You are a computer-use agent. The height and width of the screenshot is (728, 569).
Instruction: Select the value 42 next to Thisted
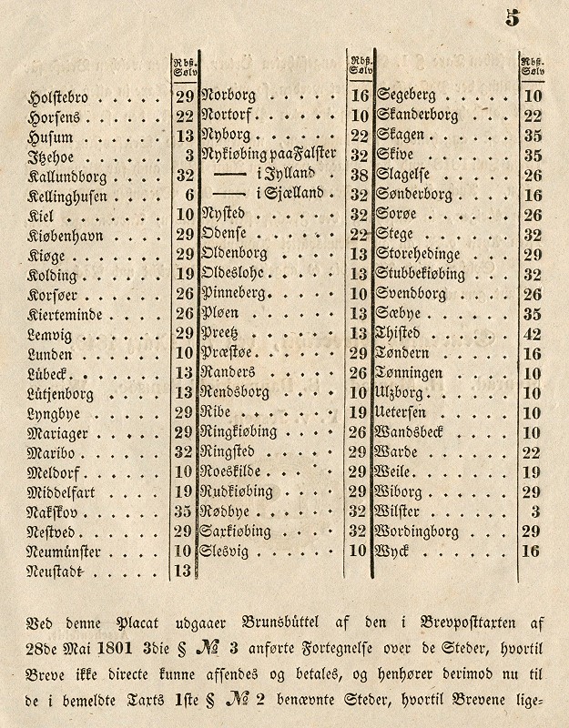pos(533,333)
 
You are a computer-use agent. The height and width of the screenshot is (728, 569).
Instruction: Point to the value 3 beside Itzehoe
pos(188,156)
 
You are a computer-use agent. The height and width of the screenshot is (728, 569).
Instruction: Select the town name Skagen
pos(400,135)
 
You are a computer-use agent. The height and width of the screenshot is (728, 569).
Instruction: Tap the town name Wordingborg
pos(418,532)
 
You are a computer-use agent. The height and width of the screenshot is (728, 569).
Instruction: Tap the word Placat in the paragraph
pos(137,624)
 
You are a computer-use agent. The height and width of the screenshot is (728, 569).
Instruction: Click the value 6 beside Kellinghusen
pos(188,196)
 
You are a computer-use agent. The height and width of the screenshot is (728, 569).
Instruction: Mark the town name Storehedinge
pos(421,254)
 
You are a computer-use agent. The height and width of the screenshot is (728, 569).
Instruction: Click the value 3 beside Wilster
pos(536,512)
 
